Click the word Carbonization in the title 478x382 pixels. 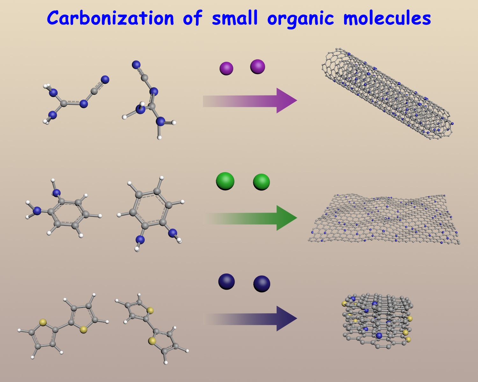coord(110,18)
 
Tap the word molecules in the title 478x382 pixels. coord(387,18)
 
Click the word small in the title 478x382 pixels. coord(235,18)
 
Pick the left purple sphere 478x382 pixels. coord(226,68)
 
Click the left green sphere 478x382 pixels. coord(225,181)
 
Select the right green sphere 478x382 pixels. coord(261,182)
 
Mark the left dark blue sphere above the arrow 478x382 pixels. coord(226,282)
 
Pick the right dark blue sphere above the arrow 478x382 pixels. coord(262,284)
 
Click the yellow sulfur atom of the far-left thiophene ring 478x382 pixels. coord(43,323)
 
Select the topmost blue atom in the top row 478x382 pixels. coord(136,65)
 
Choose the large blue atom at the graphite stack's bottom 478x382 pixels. coord(379,336)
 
